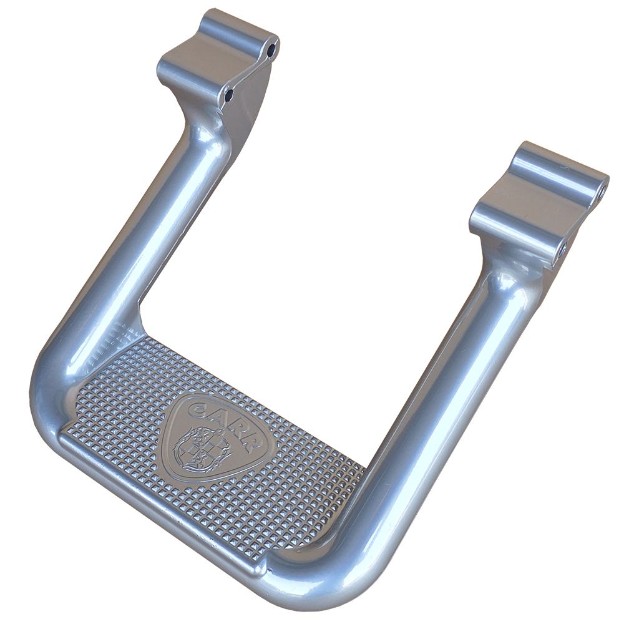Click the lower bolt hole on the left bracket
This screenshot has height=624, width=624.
[229, 95]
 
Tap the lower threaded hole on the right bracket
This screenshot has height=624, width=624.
[562, 250]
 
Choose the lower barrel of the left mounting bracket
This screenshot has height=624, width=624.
[195, 76]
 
